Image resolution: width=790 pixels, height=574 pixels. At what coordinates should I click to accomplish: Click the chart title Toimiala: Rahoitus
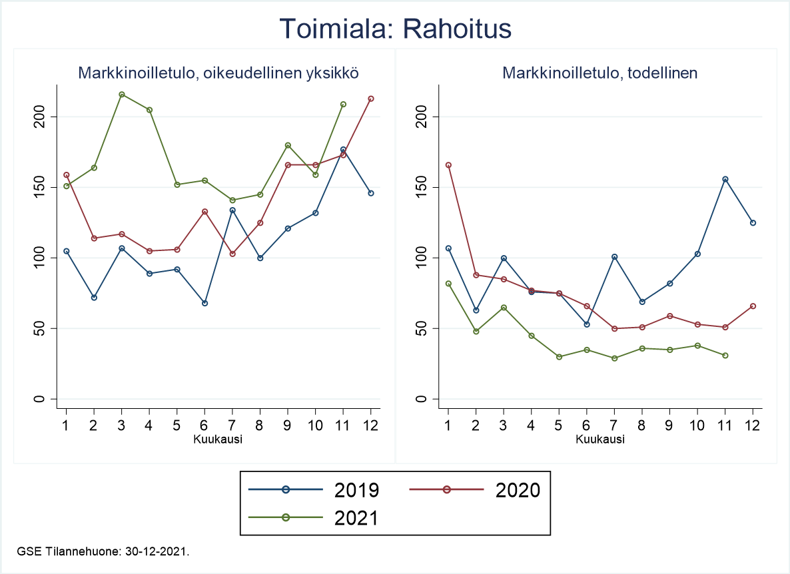pyautogui.click(x=395, y=29)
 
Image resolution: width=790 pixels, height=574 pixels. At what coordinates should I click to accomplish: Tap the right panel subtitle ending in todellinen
pyautogui.click(x=600, y=73)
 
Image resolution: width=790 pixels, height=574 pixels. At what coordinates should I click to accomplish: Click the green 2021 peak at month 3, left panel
pyautogui.click(x=121, y=95)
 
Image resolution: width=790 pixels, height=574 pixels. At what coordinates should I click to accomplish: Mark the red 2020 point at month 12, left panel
pyautogui.click(x=371, y=99)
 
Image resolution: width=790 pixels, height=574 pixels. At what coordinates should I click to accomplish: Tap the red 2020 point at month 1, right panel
pyautogui.click(x=448, y=165)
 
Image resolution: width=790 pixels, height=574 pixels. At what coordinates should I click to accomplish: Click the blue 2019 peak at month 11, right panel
pyautogui.click(x=725, y=179)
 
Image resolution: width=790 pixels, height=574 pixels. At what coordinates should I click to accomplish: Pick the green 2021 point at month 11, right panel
pyautogui.click(x=725, y=356)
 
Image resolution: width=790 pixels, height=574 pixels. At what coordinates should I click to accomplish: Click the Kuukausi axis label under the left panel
pyautogui.click(x=218, y=439)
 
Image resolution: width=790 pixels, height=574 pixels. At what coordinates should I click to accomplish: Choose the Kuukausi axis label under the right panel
pyautogui.click(x=600, y=439)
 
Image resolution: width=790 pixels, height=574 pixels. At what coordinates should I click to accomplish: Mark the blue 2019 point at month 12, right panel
pyautogui.click(x=753, y=222)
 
